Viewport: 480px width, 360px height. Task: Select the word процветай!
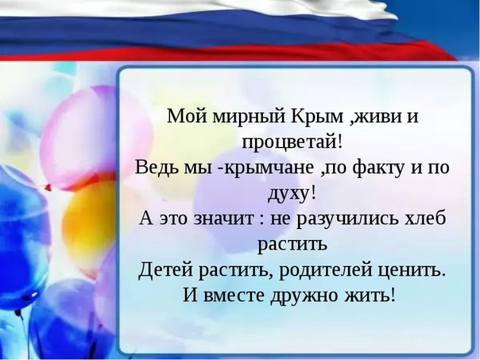tap(293, 141)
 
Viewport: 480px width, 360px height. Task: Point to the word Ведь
tap(157, 168)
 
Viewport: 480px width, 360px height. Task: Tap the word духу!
tap(292, 193)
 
